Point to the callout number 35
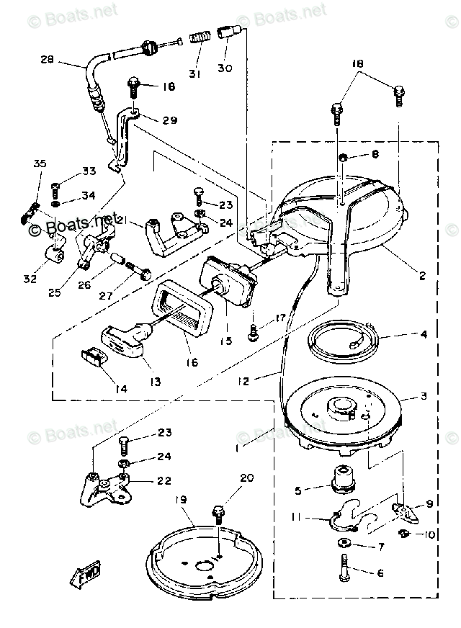[40, 164]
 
